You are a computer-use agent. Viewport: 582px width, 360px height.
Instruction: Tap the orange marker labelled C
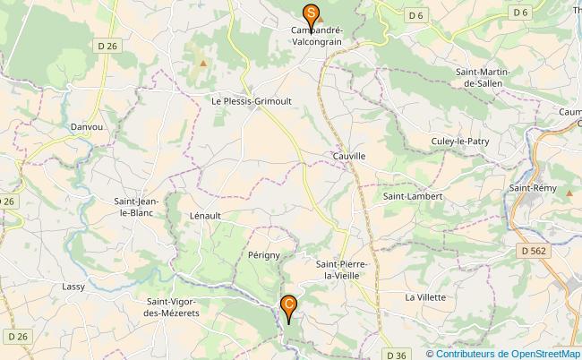pos(288,306)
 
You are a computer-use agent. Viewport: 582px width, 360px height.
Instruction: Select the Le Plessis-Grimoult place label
pos(250,101)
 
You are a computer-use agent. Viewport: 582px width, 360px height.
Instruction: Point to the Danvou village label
pos(88,127)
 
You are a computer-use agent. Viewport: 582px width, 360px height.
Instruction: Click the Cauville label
pos(349,156)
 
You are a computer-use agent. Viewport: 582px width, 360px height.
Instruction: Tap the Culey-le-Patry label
pos(459,141)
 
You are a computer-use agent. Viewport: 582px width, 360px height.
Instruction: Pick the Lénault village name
pos(205,216)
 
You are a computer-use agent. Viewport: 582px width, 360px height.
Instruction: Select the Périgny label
pos(264,255)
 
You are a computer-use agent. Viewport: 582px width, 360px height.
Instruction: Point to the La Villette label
pos(425,296)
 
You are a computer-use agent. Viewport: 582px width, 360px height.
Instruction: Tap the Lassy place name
pos(73,287)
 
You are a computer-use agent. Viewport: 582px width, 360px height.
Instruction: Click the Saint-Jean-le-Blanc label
pos(136,207)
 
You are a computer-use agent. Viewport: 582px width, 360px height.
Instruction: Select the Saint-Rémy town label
pos(528,188)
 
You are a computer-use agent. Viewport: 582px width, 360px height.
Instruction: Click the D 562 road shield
pos(531,251)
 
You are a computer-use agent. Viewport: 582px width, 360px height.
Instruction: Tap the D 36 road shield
pos(398,355)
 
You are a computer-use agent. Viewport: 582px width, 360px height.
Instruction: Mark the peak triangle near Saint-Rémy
pos(569,193)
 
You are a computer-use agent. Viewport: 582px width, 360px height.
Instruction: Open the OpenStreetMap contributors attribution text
pos(503,354)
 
